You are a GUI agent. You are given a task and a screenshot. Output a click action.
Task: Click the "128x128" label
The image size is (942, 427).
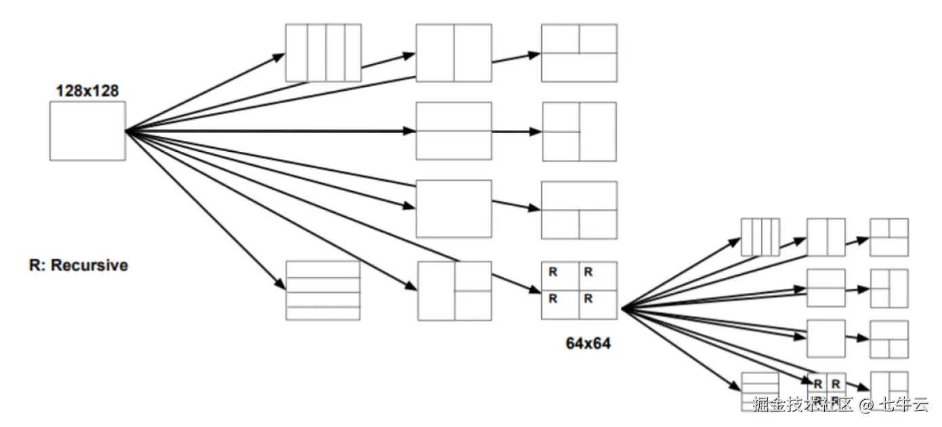pyautogui.click(x=87, y=91)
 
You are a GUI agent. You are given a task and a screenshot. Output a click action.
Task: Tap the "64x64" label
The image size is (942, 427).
pyautogui.click(x=588, y=343)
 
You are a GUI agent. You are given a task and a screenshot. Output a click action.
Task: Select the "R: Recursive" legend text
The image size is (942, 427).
pyautogui.click(x=79, y=266)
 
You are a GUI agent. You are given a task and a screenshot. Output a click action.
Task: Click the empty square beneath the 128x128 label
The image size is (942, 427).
pyautogui.click(x=87, y=131)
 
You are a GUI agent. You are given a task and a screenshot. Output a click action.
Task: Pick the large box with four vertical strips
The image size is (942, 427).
pyautogui.click(x=324, y=53)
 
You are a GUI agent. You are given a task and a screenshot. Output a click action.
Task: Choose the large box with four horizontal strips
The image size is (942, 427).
pyautogui.click(x=323, y=290)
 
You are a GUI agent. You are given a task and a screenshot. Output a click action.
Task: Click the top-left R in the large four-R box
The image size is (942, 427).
pyautogui.click(x=553, y=272)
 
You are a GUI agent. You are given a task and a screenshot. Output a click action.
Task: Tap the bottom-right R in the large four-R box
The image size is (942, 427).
pyautogui.click(x=588, y=299)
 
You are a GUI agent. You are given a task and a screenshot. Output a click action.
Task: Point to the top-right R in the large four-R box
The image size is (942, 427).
pyautogui.click(x=588, y=272)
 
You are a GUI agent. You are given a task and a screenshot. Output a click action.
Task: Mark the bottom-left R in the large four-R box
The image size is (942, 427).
pyautogui.click(x=553, y=299)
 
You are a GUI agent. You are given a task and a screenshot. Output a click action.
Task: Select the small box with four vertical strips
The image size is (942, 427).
pyautogui.click(x=761, y=237)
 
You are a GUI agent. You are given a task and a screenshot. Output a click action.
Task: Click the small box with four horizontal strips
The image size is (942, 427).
pyautogui.click(x=760, y=391)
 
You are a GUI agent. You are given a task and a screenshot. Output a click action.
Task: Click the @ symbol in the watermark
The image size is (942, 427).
pyautogui.click(x=866, y=405)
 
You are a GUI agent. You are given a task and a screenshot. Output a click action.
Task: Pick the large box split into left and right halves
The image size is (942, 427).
pyautogui.click(x=454, y=53)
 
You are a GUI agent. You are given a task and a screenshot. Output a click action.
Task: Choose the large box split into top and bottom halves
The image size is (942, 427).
pyautogui.click(x=454, y=131)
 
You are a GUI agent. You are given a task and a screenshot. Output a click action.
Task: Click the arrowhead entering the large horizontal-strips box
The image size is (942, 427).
pyautogui.click(x=280, y=284)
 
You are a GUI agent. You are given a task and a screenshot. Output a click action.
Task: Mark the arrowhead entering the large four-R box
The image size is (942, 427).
pyautogui.click(x=536, y=289)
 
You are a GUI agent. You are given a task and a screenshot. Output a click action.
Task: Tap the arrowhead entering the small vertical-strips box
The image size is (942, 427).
pyautogui.click(x=735, y=242)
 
